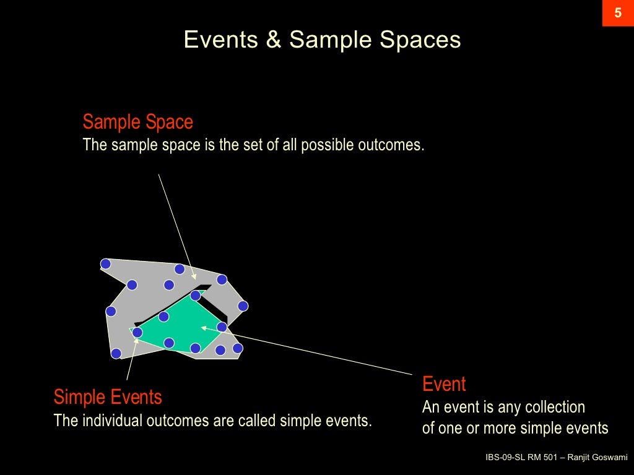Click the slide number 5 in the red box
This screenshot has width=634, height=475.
[617, 13]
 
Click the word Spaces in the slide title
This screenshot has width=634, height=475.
[420, 40]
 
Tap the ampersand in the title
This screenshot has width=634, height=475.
[273, 40]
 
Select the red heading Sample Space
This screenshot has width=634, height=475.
[137, 122]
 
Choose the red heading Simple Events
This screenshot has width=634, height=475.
[108, 396]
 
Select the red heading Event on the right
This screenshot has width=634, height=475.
[444, 384]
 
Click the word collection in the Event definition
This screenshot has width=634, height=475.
[555, 407]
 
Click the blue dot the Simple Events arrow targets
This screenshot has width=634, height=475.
[137, 333]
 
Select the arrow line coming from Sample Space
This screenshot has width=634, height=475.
[176, 225]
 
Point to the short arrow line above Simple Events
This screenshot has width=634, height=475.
[131, 359]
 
